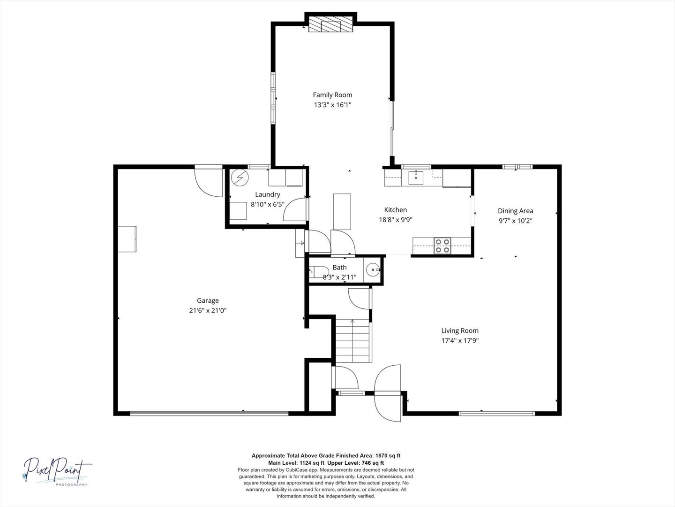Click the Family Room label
(x=332, y=95)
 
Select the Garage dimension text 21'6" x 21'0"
(x=208, y=310)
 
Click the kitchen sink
(x=416, y=178)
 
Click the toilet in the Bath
(x=319, y=272)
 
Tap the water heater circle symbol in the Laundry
(x=240, y=177)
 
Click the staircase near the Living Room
(x=352, y=340)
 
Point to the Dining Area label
(x=515, y=211)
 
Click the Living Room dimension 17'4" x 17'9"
(x=460, y=341)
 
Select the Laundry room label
(x=268, y=194)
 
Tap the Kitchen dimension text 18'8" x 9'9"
(x=395, y=219)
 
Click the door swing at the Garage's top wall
(x=209, y=183)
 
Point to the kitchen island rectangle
(x=342, y=211)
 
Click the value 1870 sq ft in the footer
(x=387, y=455)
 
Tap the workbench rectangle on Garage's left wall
(x=127, y=239)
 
